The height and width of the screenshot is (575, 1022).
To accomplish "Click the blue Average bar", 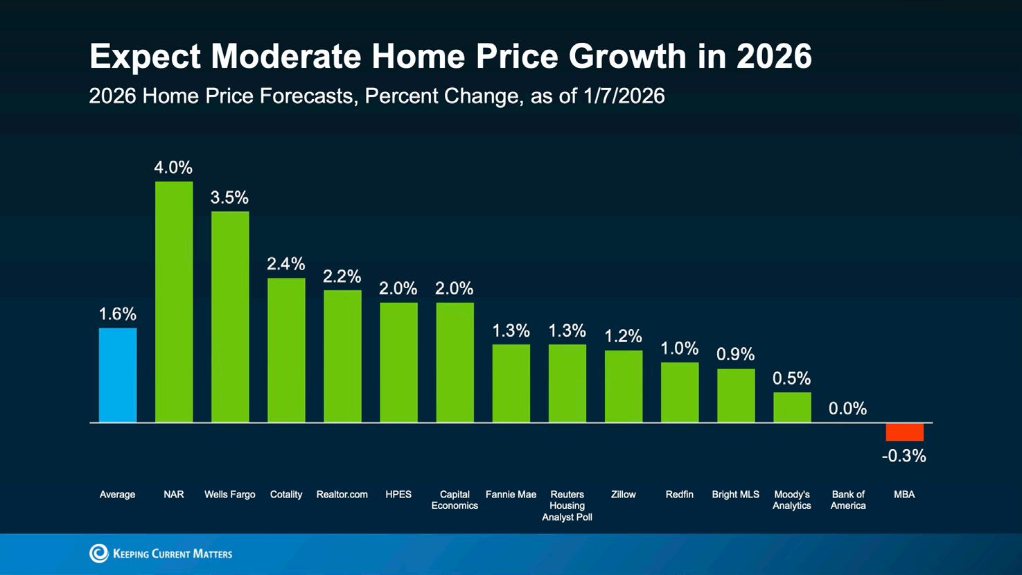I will click(x=118, y=375).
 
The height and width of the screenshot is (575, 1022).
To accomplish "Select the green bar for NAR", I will click(x=174, y=301).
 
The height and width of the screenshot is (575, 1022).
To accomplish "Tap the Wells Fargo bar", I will click(x=230, y=317).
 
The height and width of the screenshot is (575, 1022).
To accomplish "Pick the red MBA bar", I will click(x=904, y=432).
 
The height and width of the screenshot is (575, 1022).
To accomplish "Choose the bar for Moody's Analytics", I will click(x=792, y=407).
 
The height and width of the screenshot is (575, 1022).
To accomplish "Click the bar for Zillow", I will click(x=624, y=386).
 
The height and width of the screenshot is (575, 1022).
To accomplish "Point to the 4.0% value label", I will click(x=173, y=168).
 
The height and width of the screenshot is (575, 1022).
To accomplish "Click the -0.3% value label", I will click(x=904, y=456).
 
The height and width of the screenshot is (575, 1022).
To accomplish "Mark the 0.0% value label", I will click(x=847, y=409).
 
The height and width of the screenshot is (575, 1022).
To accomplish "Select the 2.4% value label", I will click(x=286, y=264).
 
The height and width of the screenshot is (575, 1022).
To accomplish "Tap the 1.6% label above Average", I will click(x=118, y=315).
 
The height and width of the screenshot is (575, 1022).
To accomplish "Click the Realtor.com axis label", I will click(x=342, y=495).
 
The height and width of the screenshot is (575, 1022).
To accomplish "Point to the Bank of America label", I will click(x=848, y=500).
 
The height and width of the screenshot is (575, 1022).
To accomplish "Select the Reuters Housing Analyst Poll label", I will click(x=567, y=506).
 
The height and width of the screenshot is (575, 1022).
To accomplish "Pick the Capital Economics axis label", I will click(x=455, y=500).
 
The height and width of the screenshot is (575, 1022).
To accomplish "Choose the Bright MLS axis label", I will click(x=735, y=495).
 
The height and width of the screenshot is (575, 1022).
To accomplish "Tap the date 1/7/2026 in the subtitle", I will click(x=624, y=96).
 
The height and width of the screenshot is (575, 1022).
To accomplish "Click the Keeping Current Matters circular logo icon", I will click(x=99, y=553).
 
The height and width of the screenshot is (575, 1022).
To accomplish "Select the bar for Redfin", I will click(x=680, y=392).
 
